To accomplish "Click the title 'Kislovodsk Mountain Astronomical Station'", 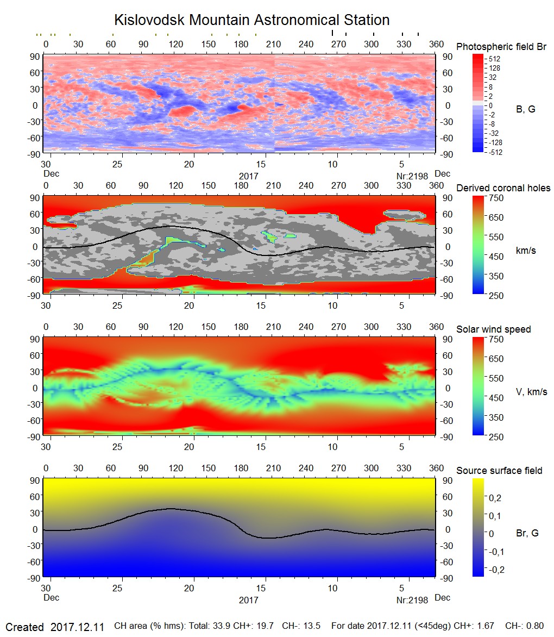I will tap(251, 21).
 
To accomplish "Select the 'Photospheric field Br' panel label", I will tap(501, 47).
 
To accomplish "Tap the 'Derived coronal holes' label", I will tap(503, 188).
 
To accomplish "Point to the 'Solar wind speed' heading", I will tap(493, 330).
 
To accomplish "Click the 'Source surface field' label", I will tap(499, 471).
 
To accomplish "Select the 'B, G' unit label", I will tap(525, 109).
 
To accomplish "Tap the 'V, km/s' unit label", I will tap(531, 392).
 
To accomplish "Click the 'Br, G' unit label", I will tap(527, 533).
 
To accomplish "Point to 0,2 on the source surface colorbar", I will tap(495, 497).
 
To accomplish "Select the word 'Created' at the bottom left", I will tap(24, 627).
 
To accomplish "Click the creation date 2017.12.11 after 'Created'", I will tap(77, 627).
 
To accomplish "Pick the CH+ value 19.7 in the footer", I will tap(264, 627).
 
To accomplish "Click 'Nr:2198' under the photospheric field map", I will tap(412, 176).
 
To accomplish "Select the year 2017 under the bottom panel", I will tap(248, 601).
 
